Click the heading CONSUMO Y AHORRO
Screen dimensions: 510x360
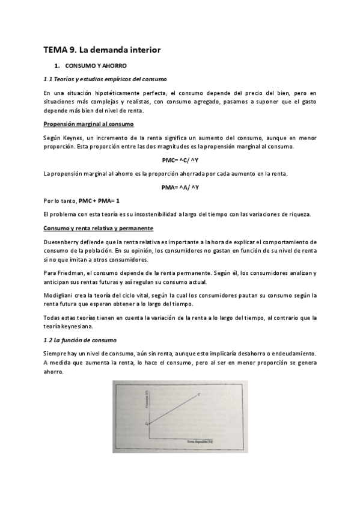[96, 65]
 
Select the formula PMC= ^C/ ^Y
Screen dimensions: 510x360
[180, 161]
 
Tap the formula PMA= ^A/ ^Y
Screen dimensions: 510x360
[180, 188]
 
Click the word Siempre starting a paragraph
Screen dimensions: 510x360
[55, 354]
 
